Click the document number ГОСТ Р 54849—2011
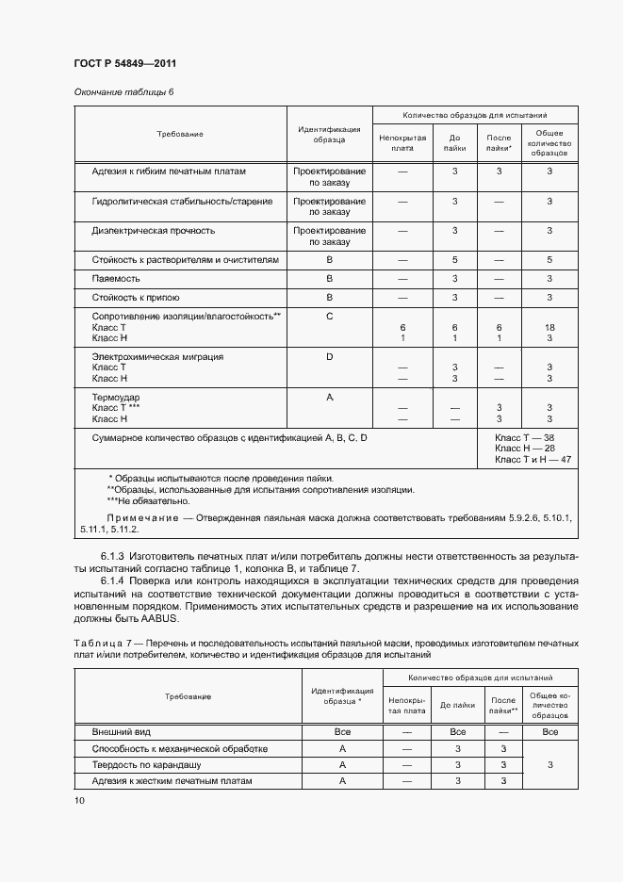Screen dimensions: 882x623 click(124, 63)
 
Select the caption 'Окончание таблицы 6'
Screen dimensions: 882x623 click(123, 92)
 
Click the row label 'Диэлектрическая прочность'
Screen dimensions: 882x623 click(154, 230)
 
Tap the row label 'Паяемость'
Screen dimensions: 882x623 click(116, 279)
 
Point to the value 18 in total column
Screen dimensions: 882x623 click(549, 326)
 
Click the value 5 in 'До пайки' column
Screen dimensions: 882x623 click(454, 259)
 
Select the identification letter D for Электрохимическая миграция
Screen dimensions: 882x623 click(329, 357)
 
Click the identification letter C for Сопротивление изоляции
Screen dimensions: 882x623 click(329, 317)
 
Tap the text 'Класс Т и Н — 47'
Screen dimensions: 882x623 click(533, 459)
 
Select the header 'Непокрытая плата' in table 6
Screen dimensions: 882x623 click(402, 142)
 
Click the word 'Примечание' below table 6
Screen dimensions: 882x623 click(141, 518)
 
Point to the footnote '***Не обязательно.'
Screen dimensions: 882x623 click(149, 502)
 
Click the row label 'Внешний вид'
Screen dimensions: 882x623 click(120, 731)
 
